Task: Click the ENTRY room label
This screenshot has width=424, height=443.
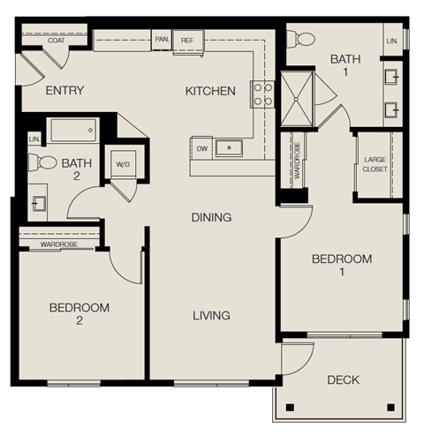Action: (64, 90)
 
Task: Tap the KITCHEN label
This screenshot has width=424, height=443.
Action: (210, 91)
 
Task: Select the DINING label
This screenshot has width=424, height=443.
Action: (210, 217)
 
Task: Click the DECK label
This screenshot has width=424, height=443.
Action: (343, 380)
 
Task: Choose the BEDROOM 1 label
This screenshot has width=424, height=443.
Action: (343, 266)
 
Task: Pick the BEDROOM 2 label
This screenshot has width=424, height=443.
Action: (79, 314)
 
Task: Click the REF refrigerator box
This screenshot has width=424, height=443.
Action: (187, 40)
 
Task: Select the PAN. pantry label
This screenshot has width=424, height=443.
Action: (162, 40)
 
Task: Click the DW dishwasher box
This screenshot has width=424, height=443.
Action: (202, 148)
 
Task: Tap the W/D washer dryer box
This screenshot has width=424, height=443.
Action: (121, 163)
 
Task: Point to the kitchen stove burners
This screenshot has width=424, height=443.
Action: (263, 94)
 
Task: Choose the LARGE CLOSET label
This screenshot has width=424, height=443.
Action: (375, 165)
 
